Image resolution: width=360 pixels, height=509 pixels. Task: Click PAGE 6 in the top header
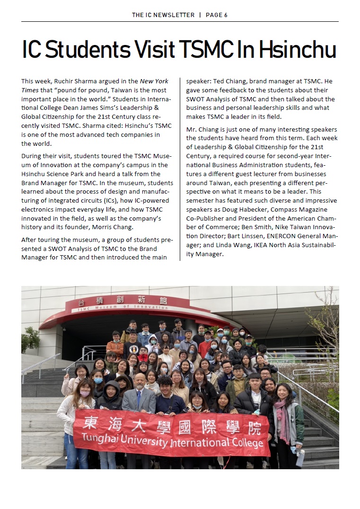217,15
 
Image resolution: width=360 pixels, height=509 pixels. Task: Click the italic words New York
154,81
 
